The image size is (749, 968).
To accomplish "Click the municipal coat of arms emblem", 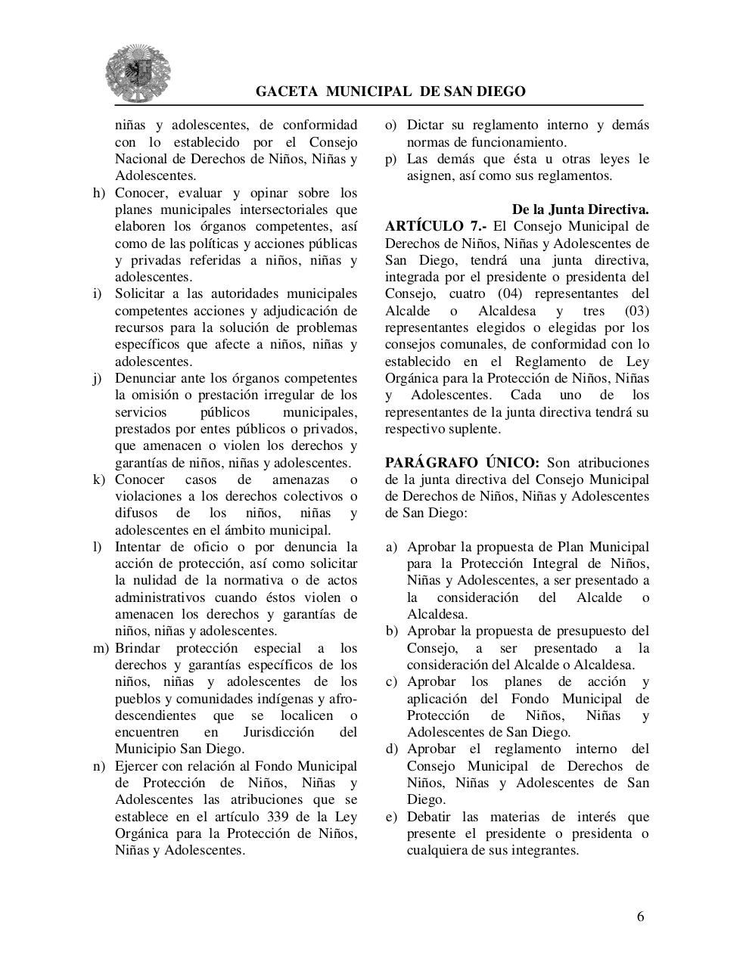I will [138, 73].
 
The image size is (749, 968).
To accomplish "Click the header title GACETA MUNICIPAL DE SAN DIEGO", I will [390, 92].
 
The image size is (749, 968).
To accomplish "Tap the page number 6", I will [641, 917].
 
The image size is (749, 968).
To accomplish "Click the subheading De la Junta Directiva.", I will [580, 209].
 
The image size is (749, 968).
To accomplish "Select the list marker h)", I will [99, 193].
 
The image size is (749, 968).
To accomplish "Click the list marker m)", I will [101, 648].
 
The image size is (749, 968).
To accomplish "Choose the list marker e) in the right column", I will [391, 817].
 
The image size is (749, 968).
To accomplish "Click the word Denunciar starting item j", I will [145, 378].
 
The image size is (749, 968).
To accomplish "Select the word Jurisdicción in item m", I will [278, 732].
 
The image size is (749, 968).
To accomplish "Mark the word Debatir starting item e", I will [431, 817].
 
